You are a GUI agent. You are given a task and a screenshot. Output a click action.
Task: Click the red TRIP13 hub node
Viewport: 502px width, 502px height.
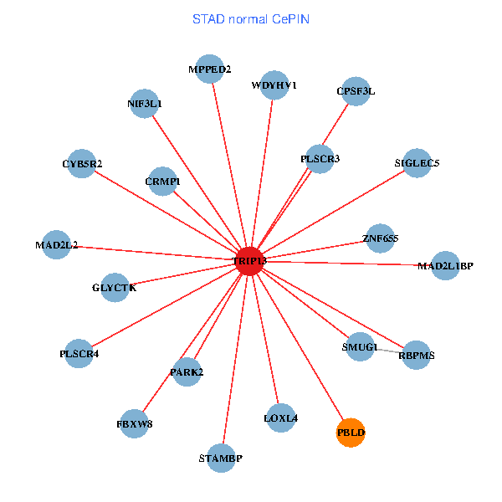tap(249, 260)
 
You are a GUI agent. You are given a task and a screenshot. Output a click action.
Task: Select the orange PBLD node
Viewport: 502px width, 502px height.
tap(351, 433)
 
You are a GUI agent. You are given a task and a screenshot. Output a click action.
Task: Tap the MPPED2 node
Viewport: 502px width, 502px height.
tap(209, 69)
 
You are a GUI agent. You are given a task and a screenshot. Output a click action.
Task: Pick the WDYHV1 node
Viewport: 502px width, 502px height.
tap(274, 85)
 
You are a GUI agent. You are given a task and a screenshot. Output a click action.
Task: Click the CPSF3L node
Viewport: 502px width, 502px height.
tap(356, 91)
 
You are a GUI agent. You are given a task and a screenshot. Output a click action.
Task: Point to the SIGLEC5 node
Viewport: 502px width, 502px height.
tap(417, 162)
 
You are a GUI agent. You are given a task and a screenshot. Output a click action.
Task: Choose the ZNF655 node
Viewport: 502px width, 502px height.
tap(380, 238)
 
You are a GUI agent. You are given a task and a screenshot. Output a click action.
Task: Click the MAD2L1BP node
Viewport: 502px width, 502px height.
tap(445, 265)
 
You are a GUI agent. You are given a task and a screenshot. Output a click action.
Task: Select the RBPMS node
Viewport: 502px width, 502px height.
tap(416, 355)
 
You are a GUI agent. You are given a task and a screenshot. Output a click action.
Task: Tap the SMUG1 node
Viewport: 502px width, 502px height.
tap(360, 346)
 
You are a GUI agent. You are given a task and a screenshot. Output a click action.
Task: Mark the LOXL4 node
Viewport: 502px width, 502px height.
tap(280, 417)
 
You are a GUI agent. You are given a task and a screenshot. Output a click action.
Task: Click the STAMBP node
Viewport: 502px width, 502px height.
tap(221, 458)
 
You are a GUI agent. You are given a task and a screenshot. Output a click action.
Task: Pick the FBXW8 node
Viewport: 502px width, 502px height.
tap(134, 423)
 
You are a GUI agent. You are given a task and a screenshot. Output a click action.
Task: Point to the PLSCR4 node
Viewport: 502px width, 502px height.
tap(79, 353)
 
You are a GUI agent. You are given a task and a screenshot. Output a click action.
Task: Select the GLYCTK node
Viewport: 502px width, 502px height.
tap(114, 287)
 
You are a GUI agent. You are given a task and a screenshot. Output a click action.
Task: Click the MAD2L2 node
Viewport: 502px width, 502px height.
tap(56, 245)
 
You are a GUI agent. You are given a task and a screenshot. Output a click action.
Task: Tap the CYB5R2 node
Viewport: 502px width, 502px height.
tap(81, 163)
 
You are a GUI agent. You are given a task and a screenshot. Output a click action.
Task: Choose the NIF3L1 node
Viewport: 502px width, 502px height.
tap(144, 104)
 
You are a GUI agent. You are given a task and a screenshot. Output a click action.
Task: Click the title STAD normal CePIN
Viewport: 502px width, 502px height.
tap(251, 18)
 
